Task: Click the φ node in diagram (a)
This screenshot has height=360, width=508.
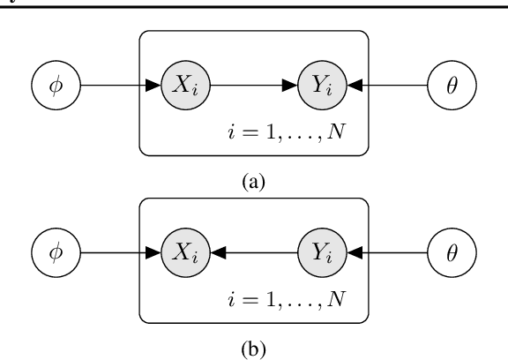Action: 56,86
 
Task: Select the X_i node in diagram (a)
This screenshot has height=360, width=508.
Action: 186,86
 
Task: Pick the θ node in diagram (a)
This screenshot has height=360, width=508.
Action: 452,86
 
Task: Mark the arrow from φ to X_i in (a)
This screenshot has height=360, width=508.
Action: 120,86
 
